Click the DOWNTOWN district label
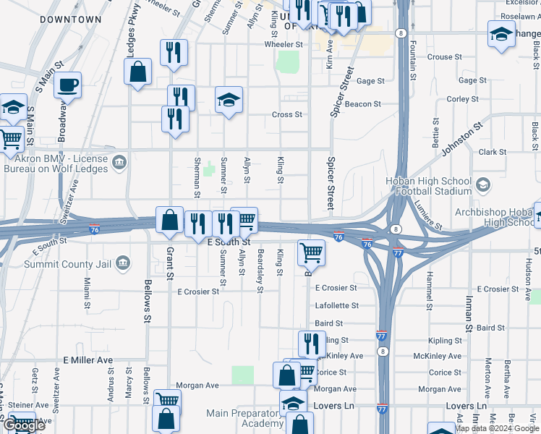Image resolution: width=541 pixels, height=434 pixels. (x=70, y=20)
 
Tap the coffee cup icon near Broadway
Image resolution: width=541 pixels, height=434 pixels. (x=67, y=85)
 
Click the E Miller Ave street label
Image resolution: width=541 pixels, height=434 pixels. (x=88, y=359)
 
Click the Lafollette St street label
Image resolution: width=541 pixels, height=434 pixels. (x=337, y=306)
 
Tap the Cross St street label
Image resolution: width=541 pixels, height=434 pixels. (x=286, y=114)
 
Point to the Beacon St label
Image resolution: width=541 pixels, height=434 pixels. (x=362, y=104)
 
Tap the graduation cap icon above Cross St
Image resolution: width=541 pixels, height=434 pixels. (x=229, y=101)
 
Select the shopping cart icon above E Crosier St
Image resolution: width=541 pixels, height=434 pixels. (x=311, y=252)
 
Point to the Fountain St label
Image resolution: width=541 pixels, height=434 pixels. (x=413, y=61)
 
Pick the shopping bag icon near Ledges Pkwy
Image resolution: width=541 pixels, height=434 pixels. (x=137, y=72)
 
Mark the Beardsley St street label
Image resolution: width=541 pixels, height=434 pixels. (x=260, y=271)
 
